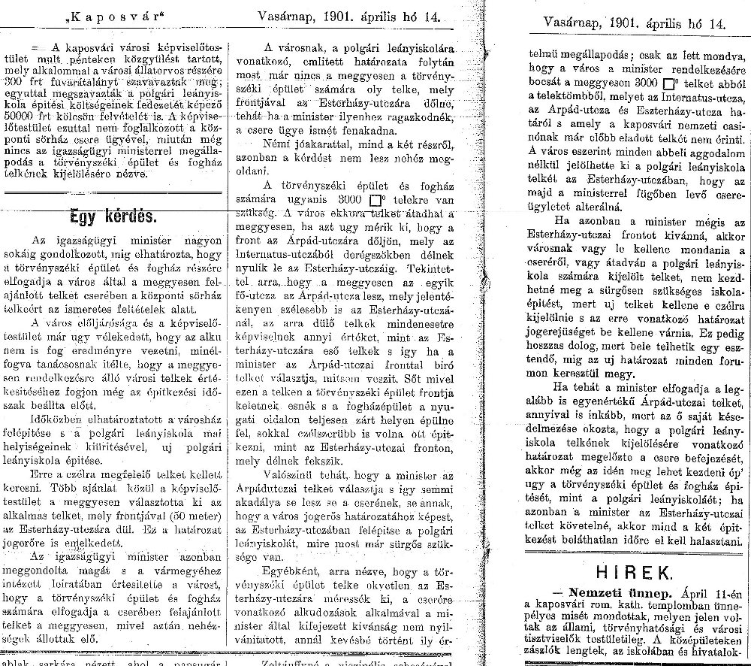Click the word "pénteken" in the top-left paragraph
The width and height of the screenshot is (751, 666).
(x=112, y=58)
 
